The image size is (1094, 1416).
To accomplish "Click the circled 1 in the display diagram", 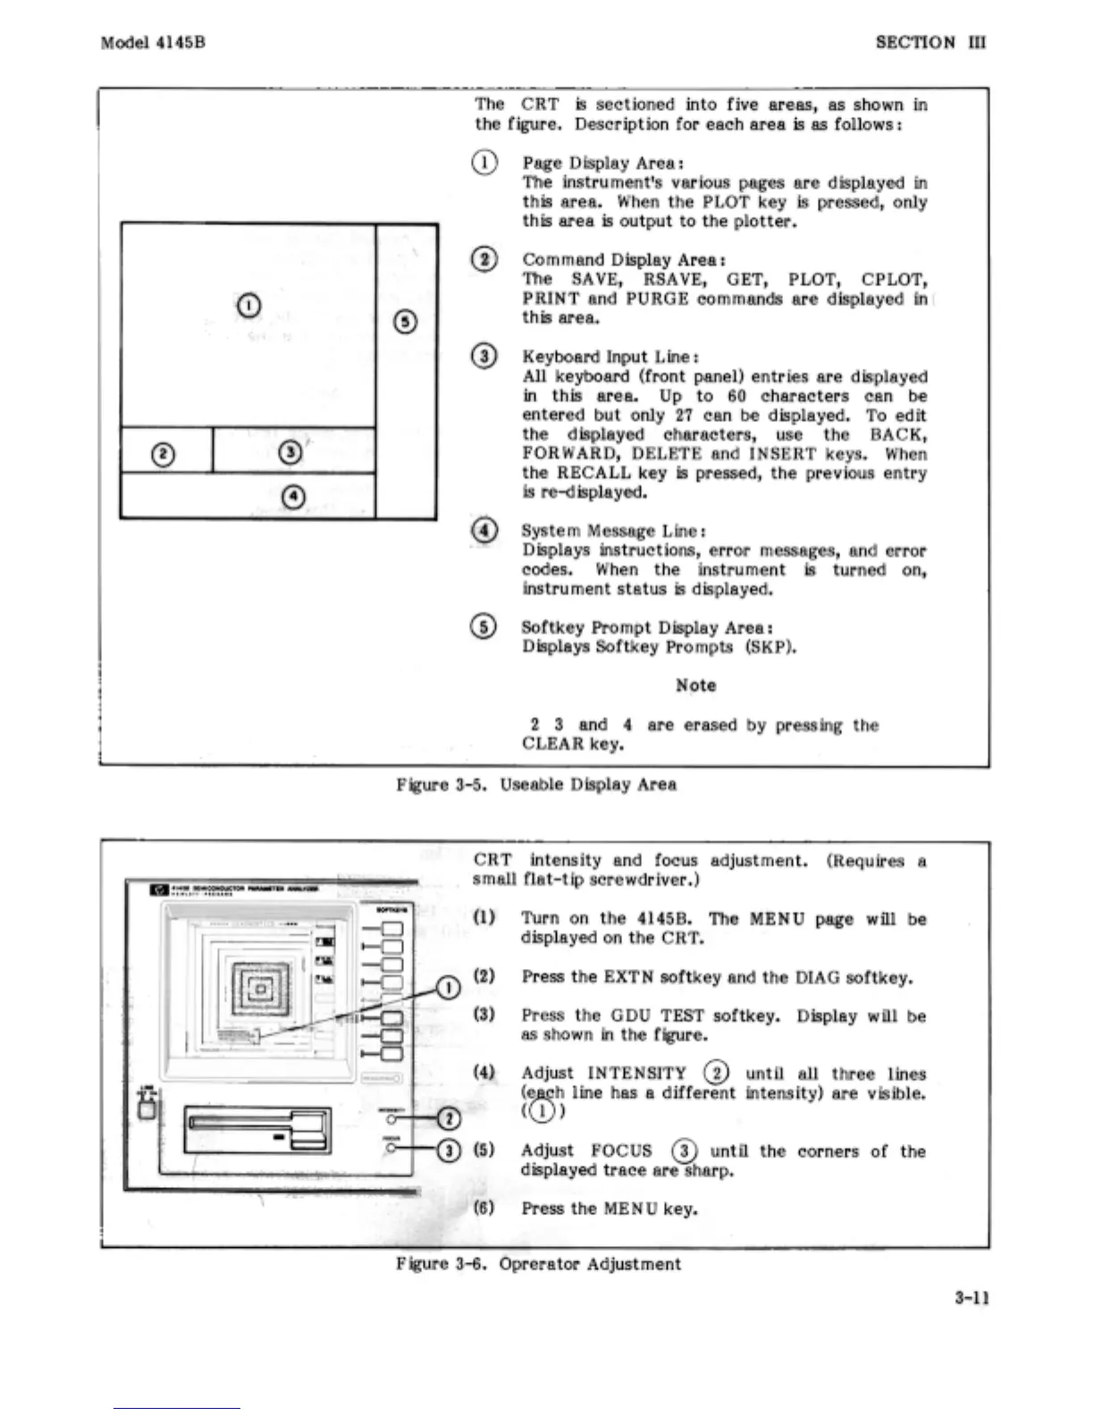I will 249,305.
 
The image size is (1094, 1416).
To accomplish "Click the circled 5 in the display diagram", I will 406,323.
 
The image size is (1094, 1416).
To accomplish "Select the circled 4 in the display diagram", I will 293,496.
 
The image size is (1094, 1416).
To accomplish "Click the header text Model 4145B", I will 153,42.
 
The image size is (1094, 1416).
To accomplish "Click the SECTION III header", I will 930,42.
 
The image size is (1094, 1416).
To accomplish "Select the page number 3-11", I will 971,1298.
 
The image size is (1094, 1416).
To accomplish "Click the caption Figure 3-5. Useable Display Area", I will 536,785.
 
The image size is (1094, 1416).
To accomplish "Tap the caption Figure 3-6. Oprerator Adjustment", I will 538,1264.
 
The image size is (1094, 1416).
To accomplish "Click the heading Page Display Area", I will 602,163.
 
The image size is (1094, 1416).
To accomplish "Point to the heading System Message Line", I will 614,531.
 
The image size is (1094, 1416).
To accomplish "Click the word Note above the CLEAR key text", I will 695,686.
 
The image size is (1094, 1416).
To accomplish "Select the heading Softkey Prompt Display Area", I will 647,628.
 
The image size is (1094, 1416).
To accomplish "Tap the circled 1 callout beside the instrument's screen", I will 448,987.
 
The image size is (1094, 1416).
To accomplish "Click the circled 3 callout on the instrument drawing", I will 449,1150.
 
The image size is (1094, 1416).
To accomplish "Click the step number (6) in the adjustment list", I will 484,1209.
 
